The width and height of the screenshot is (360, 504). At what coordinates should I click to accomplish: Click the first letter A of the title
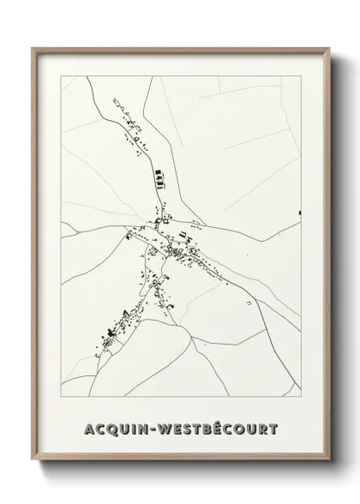[90, 427]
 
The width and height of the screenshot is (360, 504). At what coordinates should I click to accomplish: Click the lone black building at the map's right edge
[300, 211]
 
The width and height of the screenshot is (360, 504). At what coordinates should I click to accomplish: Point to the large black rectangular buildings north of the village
[158, 177]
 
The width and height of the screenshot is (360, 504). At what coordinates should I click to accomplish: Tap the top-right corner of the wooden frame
[329, 48]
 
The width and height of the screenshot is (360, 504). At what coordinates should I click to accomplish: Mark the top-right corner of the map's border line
[302, 76]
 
